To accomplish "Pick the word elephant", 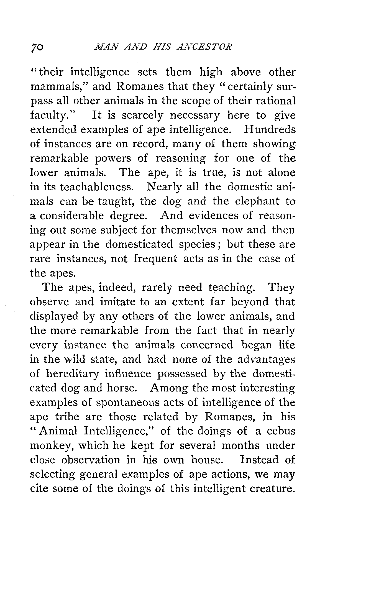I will click(257, 201).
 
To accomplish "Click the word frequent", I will click(155, 259).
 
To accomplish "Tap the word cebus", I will click(281, 431).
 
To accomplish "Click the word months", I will click(241, 445).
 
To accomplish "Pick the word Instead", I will click(259, 460).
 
